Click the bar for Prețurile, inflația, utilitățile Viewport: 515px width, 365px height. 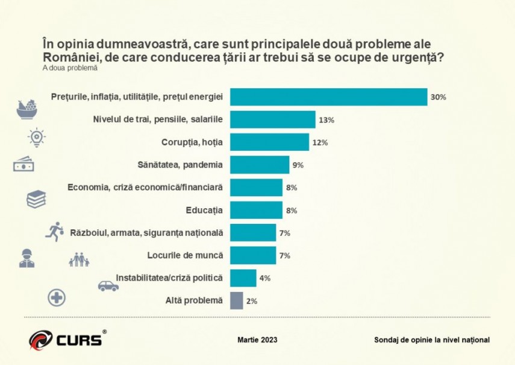(329, 97)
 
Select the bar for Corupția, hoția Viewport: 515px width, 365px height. (269, 142)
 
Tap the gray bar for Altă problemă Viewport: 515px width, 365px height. (237, 300)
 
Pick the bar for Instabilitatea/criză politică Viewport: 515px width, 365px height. (243, 278)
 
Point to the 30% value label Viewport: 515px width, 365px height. (438, 97)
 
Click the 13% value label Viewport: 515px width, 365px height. (326, 119)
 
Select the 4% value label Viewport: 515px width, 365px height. (265, 278)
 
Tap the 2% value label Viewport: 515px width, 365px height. (252, 300)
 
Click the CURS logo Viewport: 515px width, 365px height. (66, 338)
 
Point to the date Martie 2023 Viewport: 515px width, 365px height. (258, 340)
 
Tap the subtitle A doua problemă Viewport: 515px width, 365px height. (70, 68)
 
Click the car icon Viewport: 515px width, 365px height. (108, 285)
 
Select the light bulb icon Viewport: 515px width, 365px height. (37, 137)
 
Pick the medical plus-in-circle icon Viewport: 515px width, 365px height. (57, 297)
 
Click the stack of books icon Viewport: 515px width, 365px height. (37, 199)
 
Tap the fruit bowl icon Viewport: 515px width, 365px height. (28, 109)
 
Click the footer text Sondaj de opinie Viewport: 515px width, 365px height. (431, 340)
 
